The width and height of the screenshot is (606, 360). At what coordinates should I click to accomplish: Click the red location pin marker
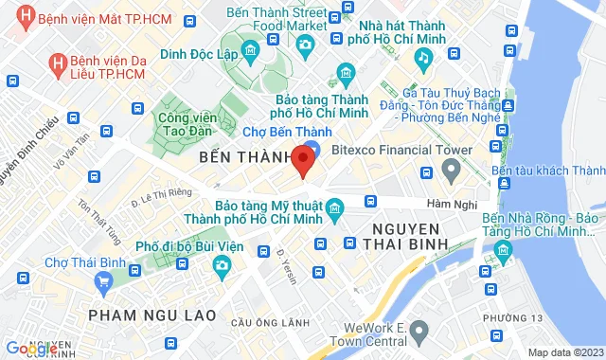(x=303, y=160)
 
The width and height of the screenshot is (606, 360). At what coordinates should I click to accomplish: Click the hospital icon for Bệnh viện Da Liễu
(x=59, y=63)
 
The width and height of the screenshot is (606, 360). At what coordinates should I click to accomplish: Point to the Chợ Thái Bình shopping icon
(x=103, y=279)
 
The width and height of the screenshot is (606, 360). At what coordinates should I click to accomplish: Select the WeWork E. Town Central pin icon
(x=420, y=329)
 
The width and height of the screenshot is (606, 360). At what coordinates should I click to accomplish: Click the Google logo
(x=30, y=349)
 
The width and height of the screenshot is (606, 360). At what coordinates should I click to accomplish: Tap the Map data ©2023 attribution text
(x=564, y=351)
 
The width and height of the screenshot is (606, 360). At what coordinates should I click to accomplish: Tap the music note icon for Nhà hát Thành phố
(x=424, y=58)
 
